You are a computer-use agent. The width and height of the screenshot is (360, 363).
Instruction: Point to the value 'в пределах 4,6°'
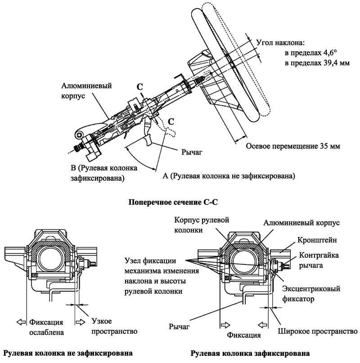[307, 53]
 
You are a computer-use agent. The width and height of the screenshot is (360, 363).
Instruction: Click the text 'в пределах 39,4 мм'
[310, 63]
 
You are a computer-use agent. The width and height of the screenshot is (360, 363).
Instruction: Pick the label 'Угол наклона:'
[280, 44]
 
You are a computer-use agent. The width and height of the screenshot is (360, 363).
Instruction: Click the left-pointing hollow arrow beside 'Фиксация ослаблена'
[21, 322]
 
